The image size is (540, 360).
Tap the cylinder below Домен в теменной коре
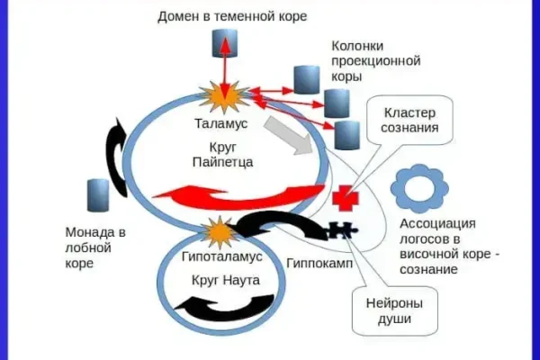tap(221, 42)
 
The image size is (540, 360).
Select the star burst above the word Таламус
tap(220, 94)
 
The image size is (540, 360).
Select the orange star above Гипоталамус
tap(219, 233)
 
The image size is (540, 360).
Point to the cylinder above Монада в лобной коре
tap(97, 195)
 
